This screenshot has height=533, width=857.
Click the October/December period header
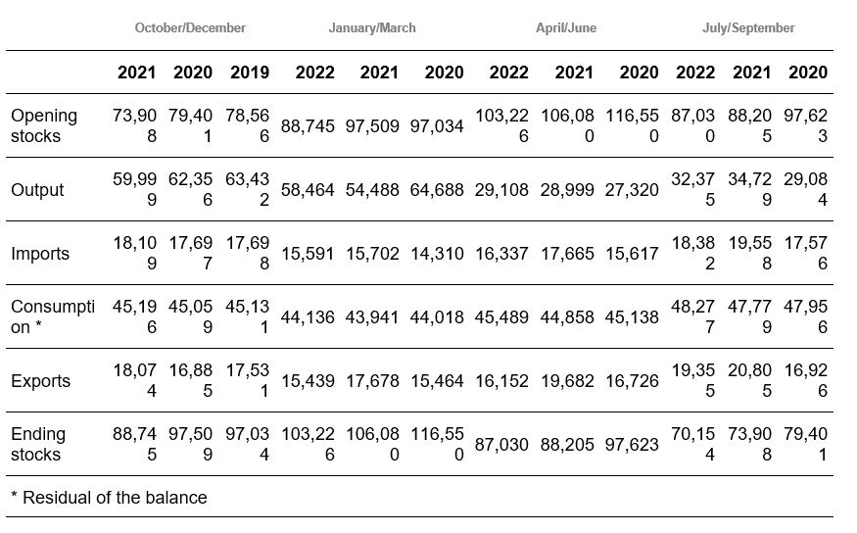pyautogui.click(x=190, y=27)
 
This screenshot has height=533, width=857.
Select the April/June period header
pyautogui.click(x=566, y=27)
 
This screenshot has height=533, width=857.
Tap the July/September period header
pyautogui.click(x=748, y=27)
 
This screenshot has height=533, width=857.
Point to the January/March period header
pyautogui.click(x=372, y=27)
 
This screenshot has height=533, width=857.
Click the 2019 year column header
pyautogui.click(x=250, y=73)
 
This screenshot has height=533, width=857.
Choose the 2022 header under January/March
pyautogui.click(x=314, y=73)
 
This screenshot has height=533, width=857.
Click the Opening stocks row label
pyautogui.click(x=44, y=125)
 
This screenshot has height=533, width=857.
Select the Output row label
pyautogui.click(x=37, y=190)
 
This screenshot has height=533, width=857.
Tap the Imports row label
pyautogui.click(x=40, y=254)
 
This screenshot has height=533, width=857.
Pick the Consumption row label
pyautogui.click(x=53, y=316)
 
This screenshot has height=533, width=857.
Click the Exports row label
pyautogui.click(x=40, y=381)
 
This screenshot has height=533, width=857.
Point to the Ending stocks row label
pyautogui.click(x=38, y=444)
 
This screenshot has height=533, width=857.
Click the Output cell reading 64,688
pyautogui.click(x=437, y=190)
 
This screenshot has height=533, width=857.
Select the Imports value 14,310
pyautogui.click(x=437, y=254)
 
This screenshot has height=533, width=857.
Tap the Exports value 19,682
pyautogui.click(x=567, y=381)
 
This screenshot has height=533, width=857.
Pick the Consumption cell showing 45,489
pyautogui.click(x=501, y=317)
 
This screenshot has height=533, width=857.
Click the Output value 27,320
pyautogui.click(x=632, y=190)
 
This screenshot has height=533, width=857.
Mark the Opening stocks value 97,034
pyautogui.click(x=437, y=126)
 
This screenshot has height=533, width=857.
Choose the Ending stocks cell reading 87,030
pyautogui.click(x=501, y=445)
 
